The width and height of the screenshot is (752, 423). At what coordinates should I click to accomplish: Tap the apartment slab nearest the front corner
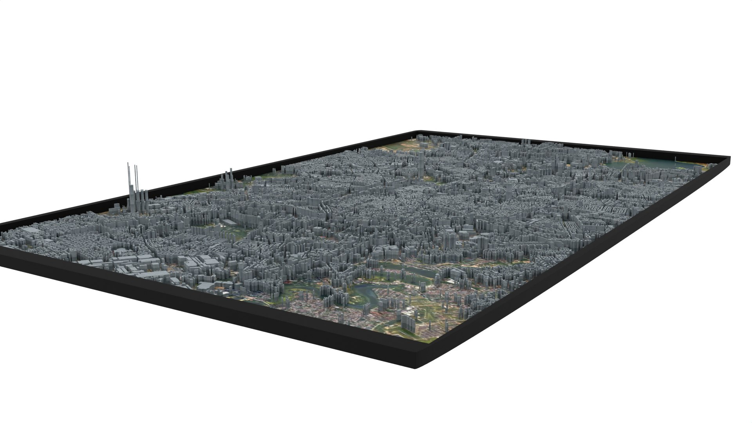click(407, 319)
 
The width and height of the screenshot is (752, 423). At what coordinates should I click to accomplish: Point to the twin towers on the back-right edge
click(525, 141)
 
